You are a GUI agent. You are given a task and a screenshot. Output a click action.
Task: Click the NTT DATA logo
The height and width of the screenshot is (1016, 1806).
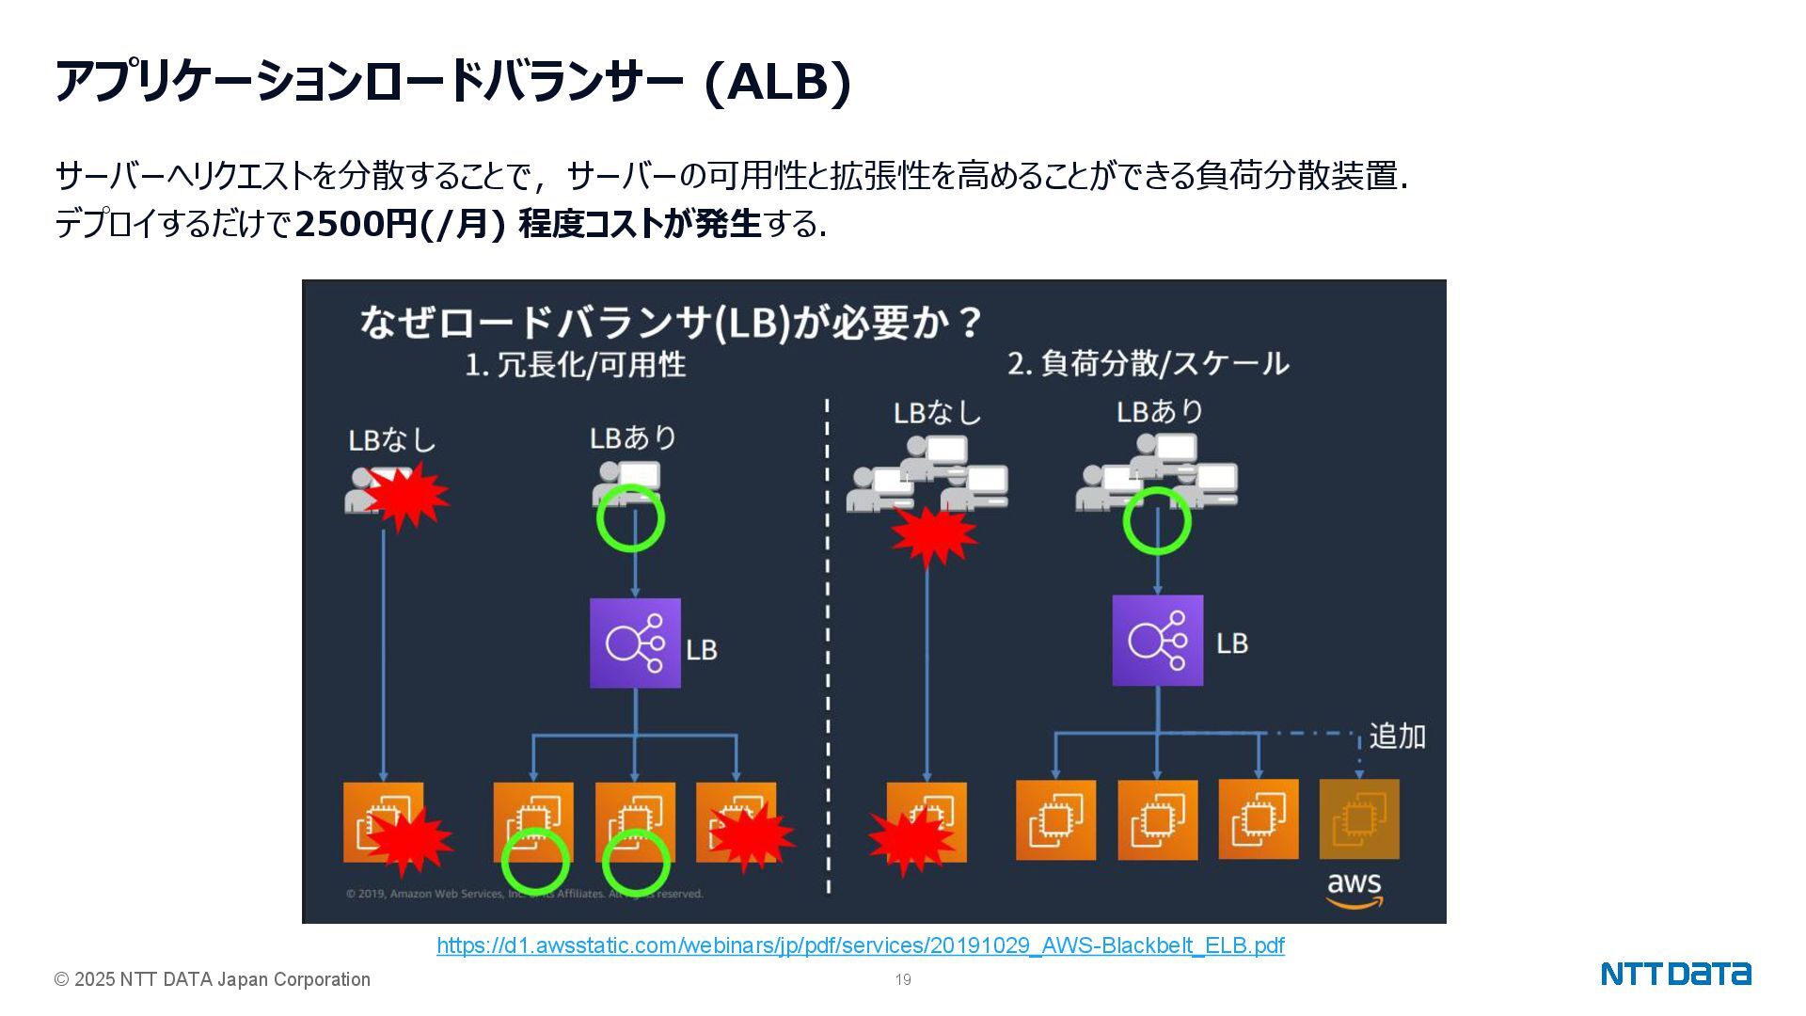1675,974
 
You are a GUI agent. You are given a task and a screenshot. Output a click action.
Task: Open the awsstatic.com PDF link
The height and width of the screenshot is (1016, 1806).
860,945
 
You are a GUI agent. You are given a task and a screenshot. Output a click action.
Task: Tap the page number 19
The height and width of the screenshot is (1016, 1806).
903,980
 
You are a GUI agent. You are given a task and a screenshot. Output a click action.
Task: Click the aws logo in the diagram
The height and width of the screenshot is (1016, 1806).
1354,889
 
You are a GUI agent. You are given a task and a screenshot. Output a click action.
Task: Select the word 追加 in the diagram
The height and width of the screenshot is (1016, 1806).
1397,736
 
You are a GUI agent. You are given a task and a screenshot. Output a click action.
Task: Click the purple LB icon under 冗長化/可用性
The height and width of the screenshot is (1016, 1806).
635,643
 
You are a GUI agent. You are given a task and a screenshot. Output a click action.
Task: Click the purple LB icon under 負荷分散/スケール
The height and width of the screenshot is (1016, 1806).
1157,640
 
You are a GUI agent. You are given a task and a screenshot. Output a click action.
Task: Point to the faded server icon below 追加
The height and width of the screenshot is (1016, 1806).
1358,819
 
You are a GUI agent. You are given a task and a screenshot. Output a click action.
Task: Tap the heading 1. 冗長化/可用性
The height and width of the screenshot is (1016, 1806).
575,365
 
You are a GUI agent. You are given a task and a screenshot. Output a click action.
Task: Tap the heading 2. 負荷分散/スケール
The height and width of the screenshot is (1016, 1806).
1148,363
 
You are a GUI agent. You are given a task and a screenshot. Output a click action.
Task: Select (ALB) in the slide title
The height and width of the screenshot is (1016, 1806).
777,82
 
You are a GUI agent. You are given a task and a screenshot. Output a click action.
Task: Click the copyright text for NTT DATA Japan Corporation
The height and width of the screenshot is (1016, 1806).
213,980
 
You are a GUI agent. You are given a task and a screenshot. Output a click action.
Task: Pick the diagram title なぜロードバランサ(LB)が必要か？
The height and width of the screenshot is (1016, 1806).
671,322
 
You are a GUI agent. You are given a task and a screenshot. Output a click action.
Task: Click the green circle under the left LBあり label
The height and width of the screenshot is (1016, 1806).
630,518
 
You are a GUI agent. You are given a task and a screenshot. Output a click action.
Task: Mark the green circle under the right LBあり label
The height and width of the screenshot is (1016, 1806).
1157,520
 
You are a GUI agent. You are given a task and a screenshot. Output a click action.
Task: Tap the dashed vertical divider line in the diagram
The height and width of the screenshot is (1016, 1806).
828,649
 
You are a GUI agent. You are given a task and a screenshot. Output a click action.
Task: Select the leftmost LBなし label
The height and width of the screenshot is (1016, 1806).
391,440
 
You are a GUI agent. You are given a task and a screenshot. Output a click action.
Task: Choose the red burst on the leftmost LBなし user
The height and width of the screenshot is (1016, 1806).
407,496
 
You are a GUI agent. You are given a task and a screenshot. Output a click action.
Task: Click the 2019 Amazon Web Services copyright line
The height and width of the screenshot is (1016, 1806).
524,894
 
